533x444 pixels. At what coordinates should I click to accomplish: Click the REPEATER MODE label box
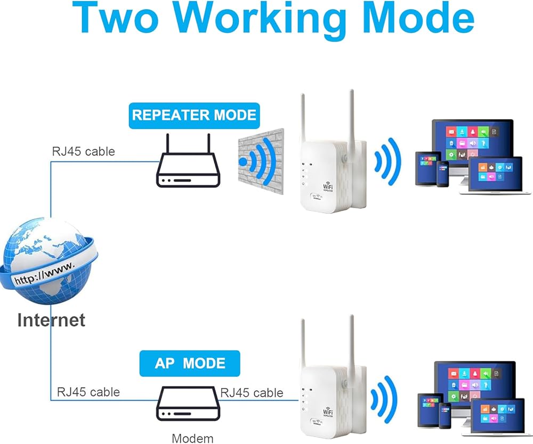(194, 115)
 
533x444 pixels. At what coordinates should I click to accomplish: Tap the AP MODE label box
(190, 364)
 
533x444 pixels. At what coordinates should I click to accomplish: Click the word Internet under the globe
(51, 320)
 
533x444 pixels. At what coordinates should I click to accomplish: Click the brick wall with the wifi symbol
(258, 160)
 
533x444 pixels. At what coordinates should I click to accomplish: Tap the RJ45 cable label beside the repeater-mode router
(83, 151)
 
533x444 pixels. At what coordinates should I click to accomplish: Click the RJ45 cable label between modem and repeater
(252, 393)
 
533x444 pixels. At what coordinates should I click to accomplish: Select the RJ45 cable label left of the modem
(88, 393)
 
